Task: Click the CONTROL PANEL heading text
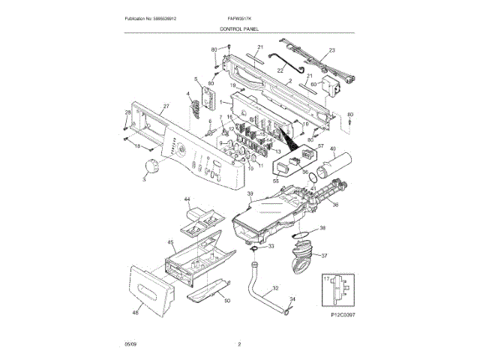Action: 239,28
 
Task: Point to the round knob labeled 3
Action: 152,168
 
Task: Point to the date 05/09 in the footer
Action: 130,344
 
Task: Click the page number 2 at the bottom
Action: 239,344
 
